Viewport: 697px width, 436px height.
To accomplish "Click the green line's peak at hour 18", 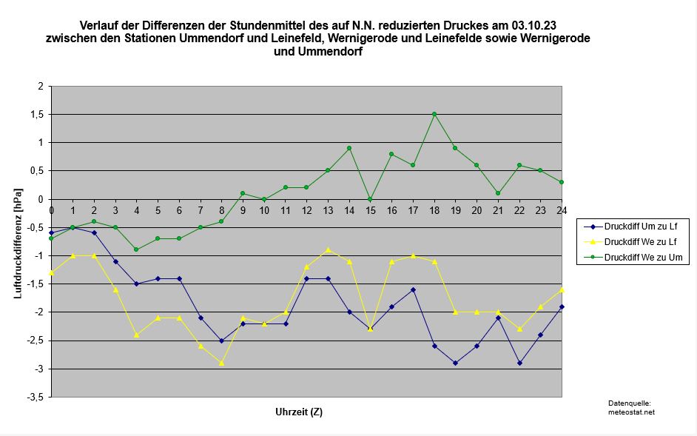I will (x=434, y=114).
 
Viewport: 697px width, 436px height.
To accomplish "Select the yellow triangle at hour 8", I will (x=221, y=363).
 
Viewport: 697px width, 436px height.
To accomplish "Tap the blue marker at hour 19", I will (x=455, y=363).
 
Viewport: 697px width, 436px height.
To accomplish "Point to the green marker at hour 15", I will (x=371, y=199).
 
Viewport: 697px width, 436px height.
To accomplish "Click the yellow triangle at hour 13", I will (x=328, y=249).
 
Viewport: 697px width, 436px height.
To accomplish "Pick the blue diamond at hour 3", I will (x=115, y=261).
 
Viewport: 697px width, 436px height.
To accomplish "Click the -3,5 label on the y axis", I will (x=36, y=397).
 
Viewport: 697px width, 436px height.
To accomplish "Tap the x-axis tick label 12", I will (x=306, y=209).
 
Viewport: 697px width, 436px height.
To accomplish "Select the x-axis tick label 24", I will (x=562, y=209).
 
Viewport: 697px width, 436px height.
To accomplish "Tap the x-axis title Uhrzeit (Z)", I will (x=298, y=412).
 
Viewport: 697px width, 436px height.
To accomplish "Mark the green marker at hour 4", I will (x=136, y=249).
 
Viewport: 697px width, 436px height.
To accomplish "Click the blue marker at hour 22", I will (x=519, y=363).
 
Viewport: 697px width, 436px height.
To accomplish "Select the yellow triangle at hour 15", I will (x=371, y=329).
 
